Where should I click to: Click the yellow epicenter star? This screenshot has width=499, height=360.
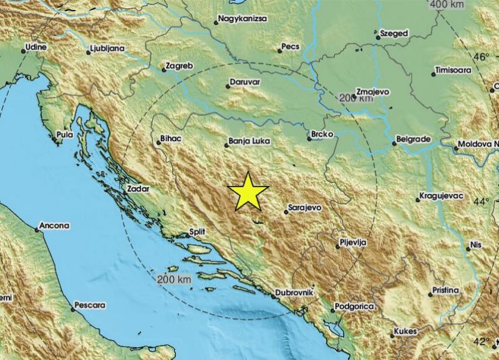(x=248, y=191)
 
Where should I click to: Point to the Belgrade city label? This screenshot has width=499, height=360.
(x=412, y=139)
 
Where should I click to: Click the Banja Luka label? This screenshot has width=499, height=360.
(x=249, y=142)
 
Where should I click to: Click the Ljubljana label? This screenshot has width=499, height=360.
(x=107, y=47)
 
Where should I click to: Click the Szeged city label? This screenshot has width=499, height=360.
(x=394, y=33)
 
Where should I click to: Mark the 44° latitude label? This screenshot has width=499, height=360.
(x=482, y=202)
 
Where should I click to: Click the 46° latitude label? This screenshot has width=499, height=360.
(x=482, y=57)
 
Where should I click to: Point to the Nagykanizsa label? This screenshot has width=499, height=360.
(x=244, y=19)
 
